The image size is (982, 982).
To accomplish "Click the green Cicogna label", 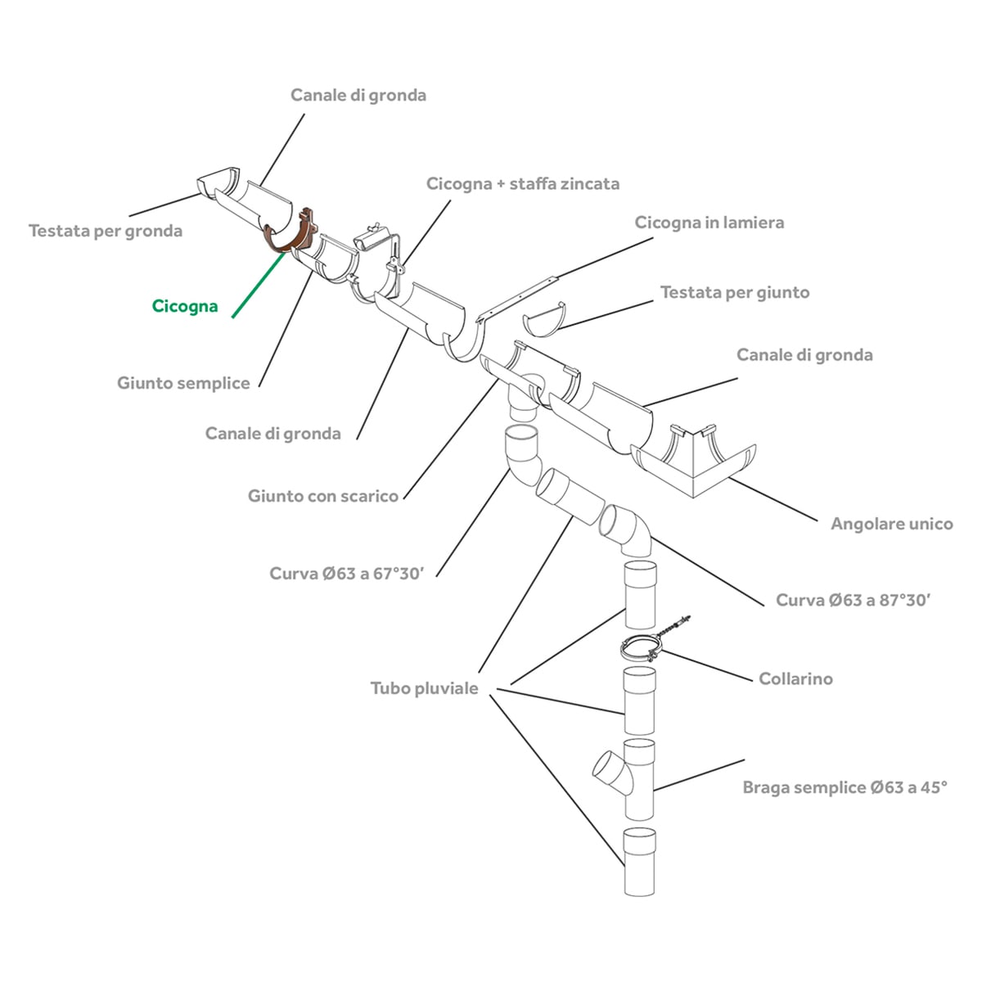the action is tap(185, 306).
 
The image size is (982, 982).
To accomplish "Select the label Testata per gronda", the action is tap(106, 231).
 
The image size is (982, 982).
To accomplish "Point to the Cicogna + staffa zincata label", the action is tap(523, 183).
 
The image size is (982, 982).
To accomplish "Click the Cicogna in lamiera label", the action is tap(709, 223).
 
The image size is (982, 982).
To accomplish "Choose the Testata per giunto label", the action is tap(735, 292).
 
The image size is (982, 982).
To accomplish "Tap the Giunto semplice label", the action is tap(183, 383).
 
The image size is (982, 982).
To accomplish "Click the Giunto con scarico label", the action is tap(323, 495).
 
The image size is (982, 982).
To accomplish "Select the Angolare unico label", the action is tap(892, 524).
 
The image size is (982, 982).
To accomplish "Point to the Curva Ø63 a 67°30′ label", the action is tap(346, 574).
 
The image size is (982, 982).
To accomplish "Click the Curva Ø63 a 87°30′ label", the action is tap(853, 600).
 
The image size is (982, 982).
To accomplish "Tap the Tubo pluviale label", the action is tap(425, 688).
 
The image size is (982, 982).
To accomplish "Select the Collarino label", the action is tap(795, 678).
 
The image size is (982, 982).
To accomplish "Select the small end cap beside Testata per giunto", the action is tap(544, 319).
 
